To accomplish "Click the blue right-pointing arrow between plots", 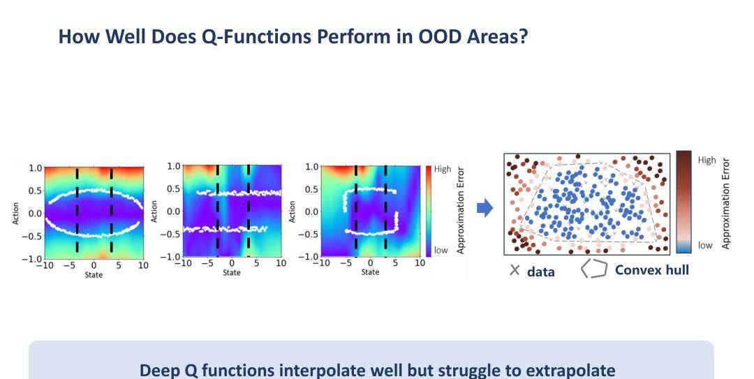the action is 485,208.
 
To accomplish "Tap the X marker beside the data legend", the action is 515,270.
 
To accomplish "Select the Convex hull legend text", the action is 651,270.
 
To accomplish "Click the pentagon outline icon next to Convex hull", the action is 594,269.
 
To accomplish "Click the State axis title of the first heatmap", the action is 94,274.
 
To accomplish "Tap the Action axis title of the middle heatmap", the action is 154,211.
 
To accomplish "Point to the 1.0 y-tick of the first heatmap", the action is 35,168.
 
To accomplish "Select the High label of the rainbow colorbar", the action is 443,169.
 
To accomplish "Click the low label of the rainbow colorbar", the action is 441,250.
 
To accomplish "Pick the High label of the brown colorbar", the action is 707,160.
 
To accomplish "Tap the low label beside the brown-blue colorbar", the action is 705,245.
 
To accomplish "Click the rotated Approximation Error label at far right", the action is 725,203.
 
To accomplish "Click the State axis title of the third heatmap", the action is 370,272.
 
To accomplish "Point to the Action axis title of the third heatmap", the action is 292,211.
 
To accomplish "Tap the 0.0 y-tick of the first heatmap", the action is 35,213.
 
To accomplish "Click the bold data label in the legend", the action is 541,272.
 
